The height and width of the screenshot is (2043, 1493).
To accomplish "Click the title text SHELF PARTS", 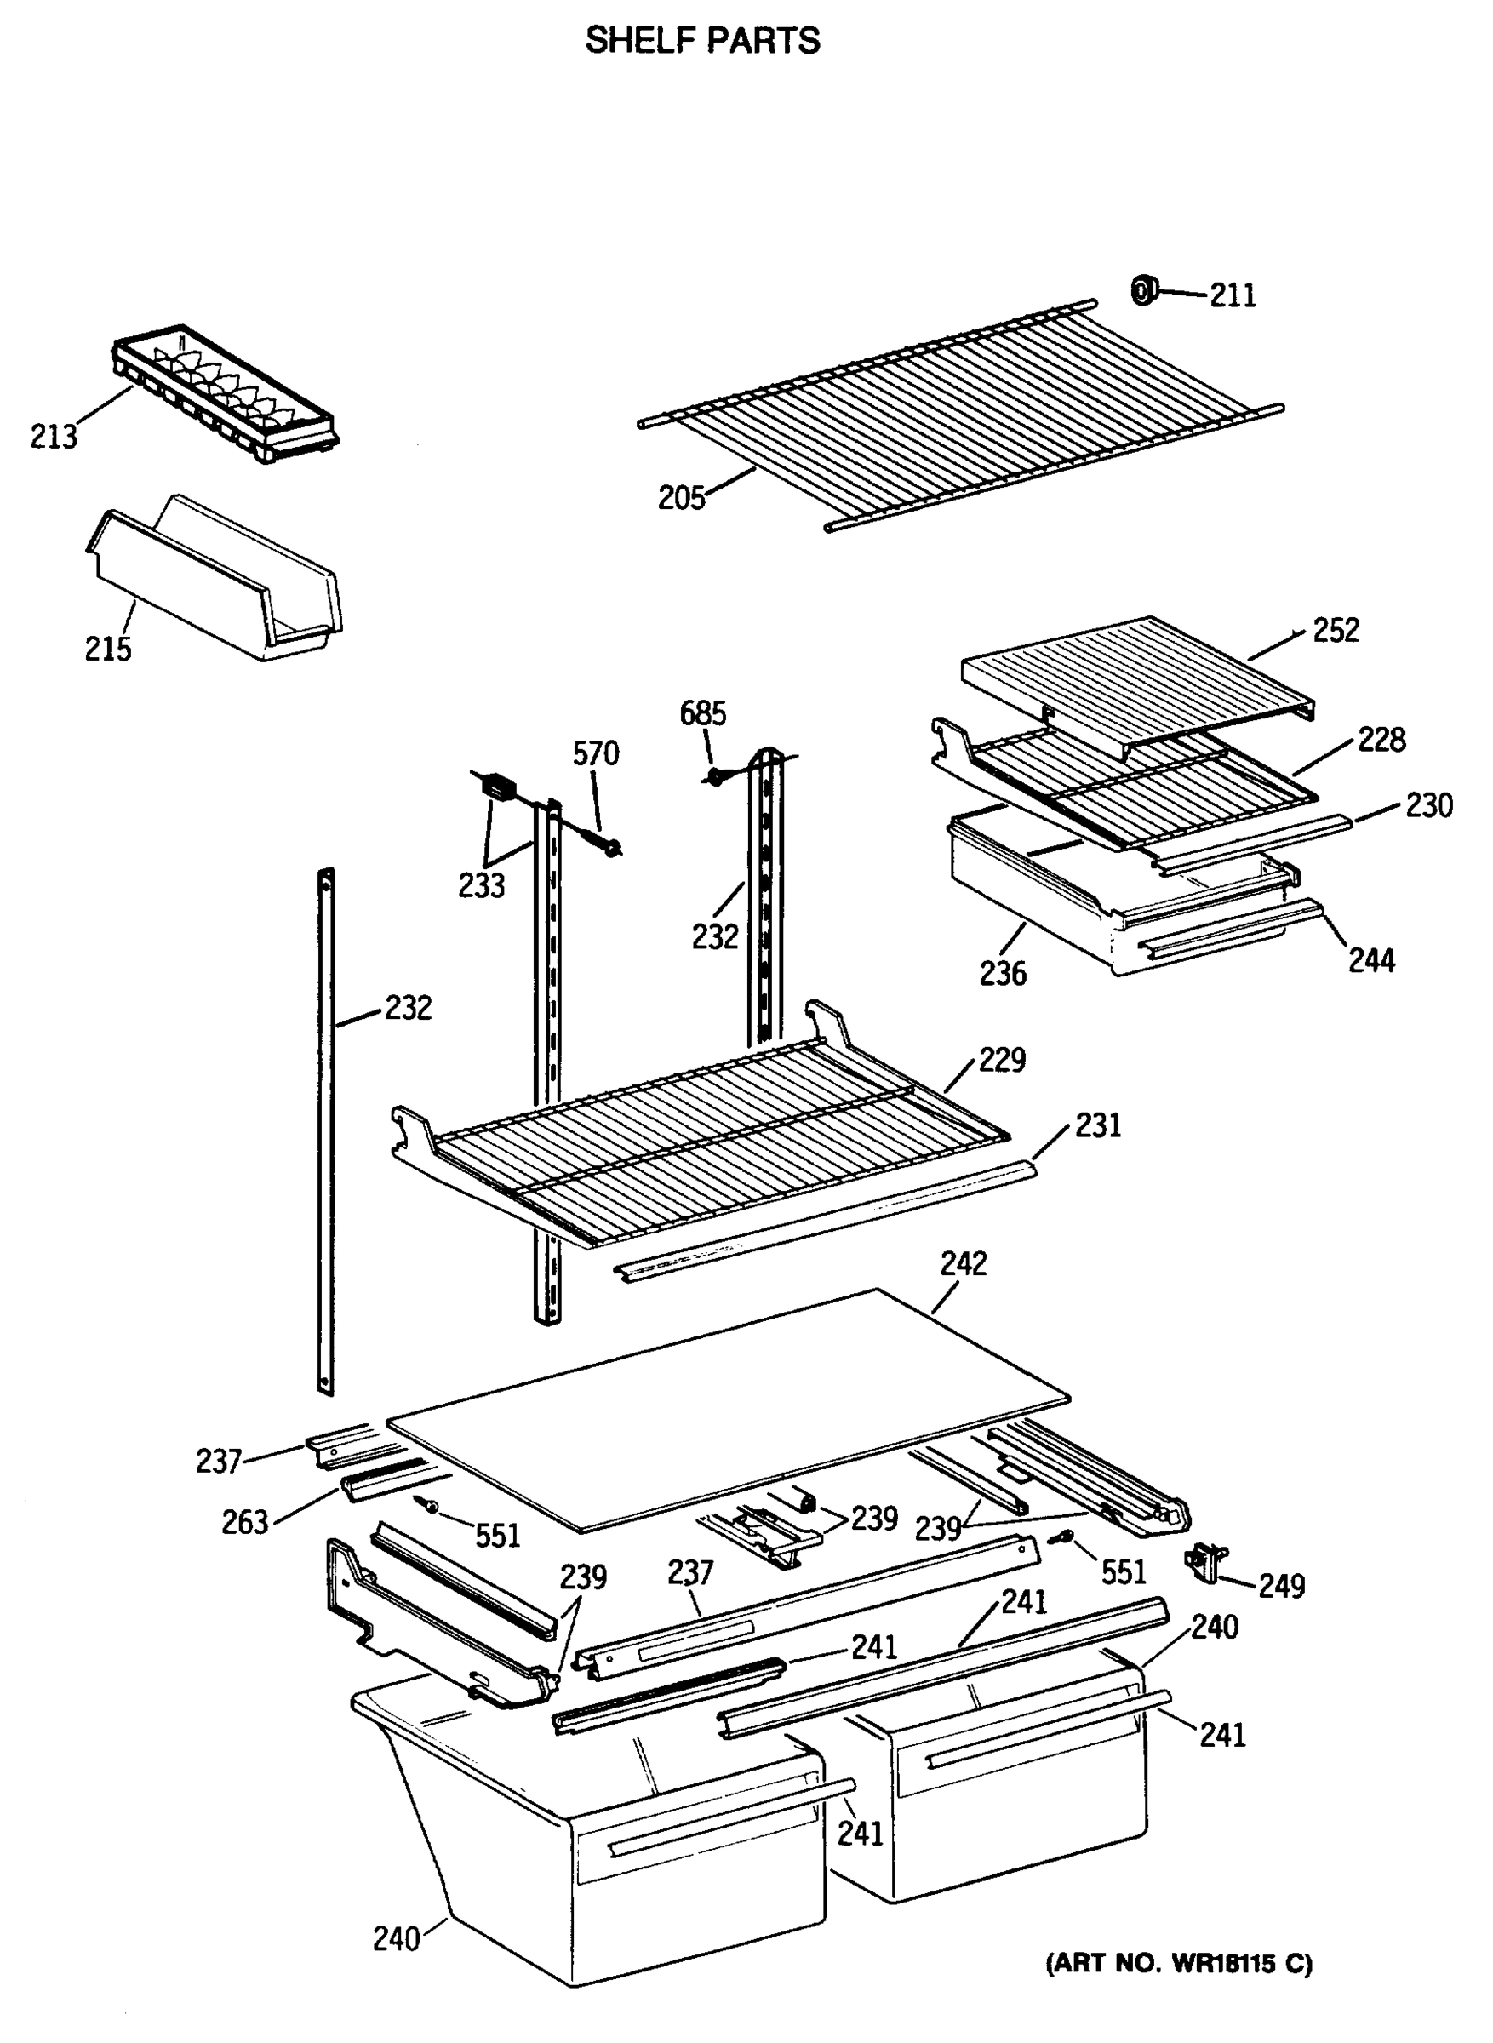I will pyautogui.click(x=702, y=41).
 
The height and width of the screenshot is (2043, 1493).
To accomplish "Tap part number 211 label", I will pyautogui.click(x=1233, y=295).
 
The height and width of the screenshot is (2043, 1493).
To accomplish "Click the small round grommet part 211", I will pyautogui.click(x=1143, y=291).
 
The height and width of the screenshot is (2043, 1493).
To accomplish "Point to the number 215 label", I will pyautogui.click(x=107, y=649).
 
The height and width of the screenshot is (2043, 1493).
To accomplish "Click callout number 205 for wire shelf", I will pyautogui.click(x=680, y=498).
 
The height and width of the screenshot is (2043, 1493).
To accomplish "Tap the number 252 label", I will pyautogui.click(x=1336, y=631).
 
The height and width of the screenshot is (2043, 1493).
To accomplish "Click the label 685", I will pyautogui.click(x=702, y=714).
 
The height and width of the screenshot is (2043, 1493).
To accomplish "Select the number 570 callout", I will pyautogui.click(x=596, y=753).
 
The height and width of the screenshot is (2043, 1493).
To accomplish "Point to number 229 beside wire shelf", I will pyautogui.click(x=1001, y=1060).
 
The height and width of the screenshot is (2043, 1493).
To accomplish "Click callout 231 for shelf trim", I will pyautogui.click(x=1097, y=1126).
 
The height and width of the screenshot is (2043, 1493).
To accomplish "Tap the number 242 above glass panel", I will pyautogui.click(x=964, y=1264).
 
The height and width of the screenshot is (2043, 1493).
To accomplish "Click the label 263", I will pyautogui.click(x=245, y=1523).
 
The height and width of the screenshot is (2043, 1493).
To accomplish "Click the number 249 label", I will pyautogui.click(x=1282, y=1586).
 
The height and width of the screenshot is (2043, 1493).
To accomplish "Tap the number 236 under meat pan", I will pyautogui.click(x=1002, y=974).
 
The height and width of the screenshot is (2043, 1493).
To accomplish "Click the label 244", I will pyautogui.click(x=1371, y=960).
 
